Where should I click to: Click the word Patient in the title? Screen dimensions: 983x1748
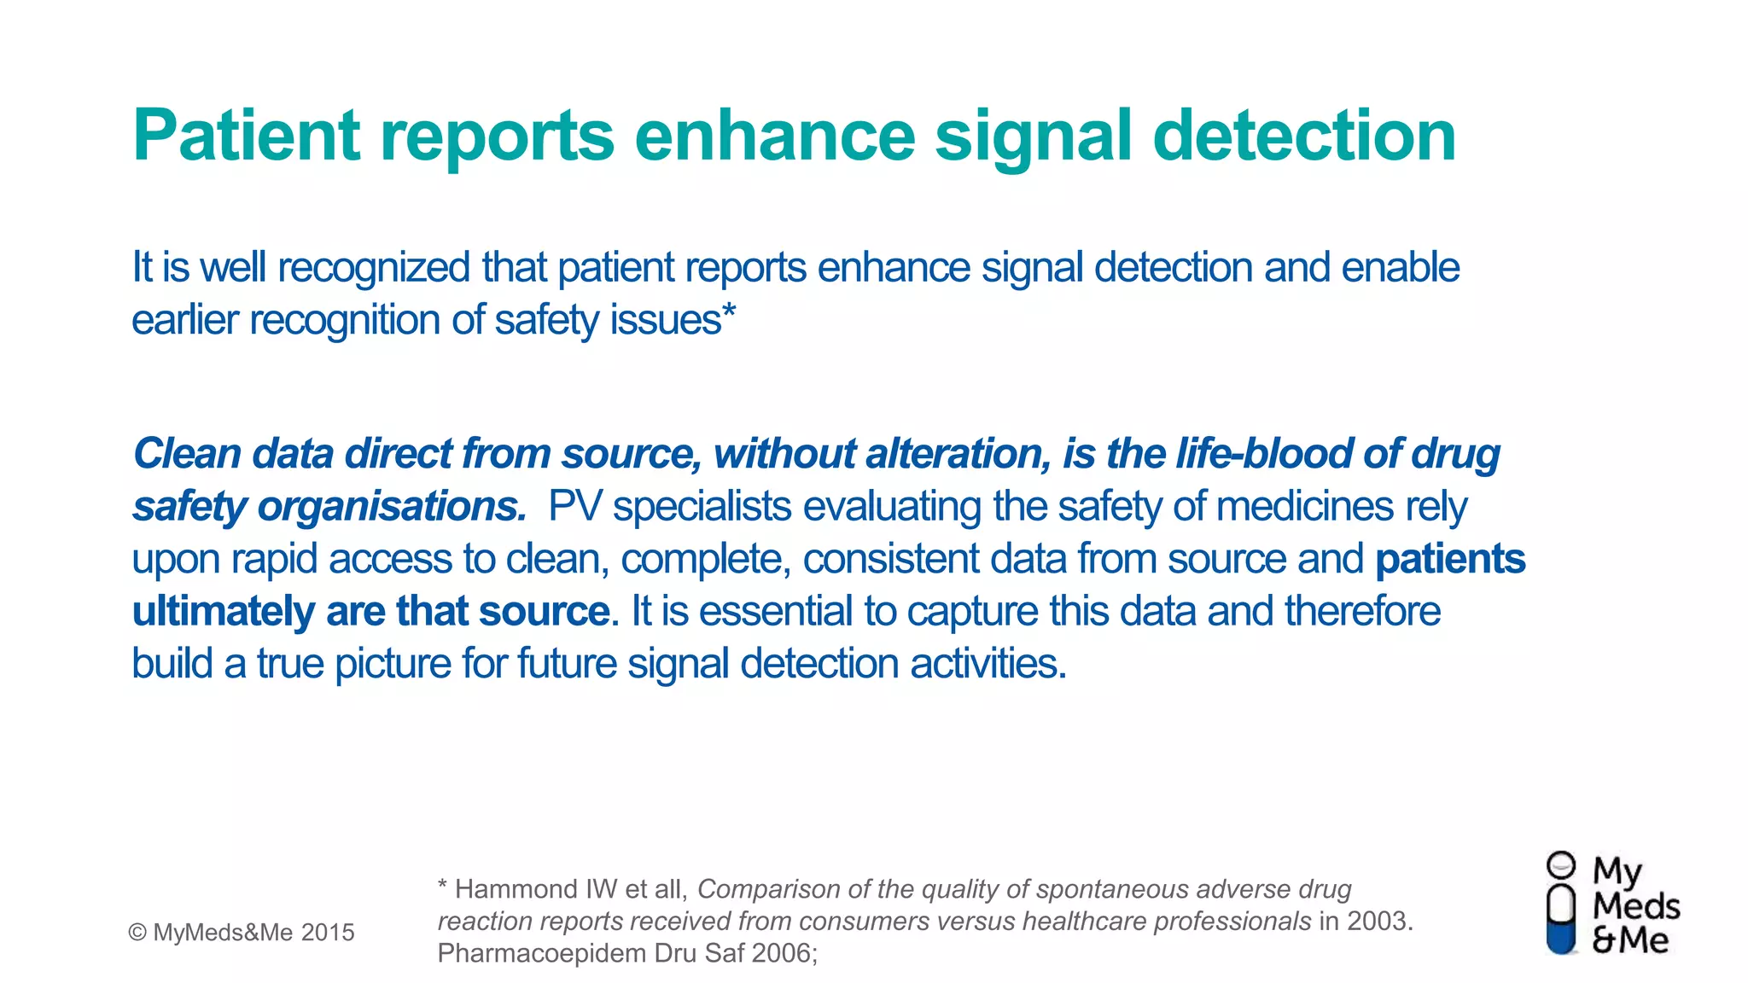pos(247,137)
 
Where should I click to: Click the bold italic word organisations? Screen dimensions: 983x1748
pos(392,507)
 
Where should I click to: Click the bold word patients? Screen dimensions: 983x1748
pos(1450,560)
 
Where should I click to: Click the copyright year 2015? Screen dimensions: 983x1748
pos(328,933)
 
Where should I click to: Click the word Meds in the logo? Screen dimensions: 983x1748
pos(1635,906)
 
